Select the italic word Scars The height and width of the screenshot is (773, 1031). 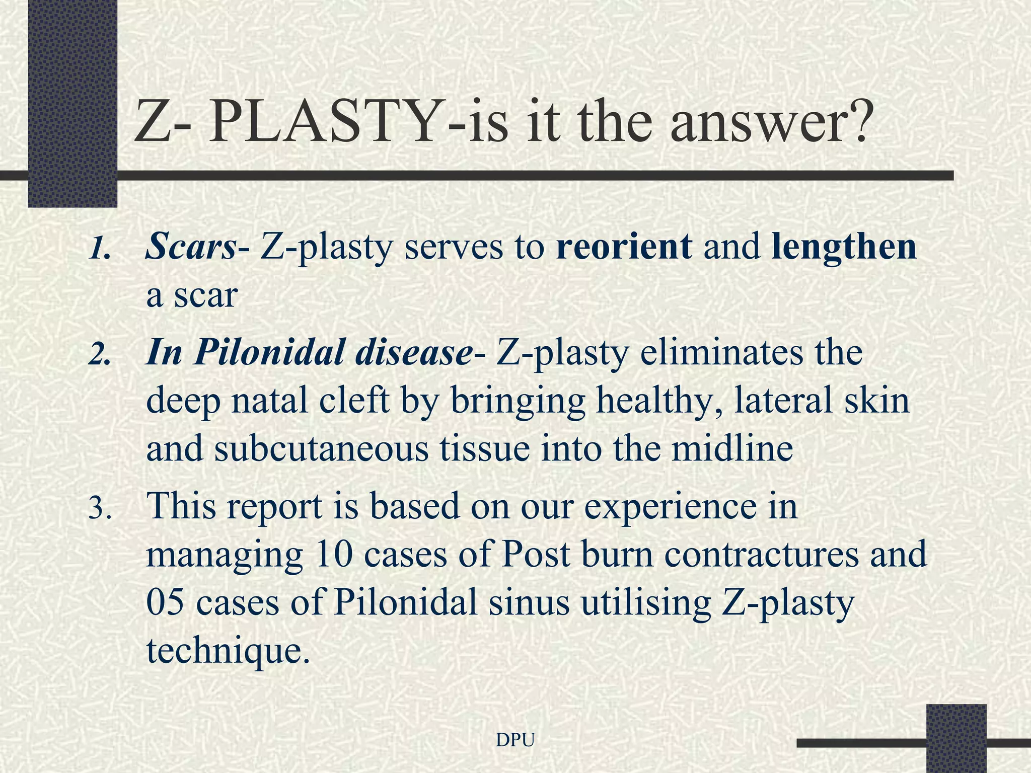[x=190, y=247]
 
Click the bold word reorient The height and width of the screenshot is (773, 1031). [x=624, y=247]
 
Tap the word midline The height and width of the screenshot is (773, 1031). [x=732, y=449]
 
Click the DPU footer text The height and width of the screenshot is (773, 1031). [x=515, y=739]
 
